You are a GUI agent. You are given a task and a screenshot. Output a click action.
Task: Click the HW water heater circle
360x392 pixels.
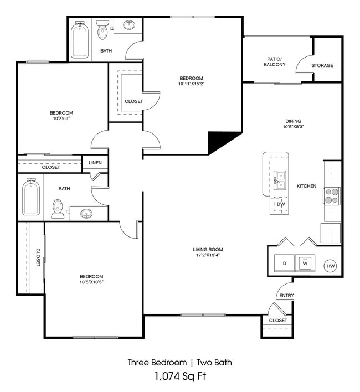point(331,266)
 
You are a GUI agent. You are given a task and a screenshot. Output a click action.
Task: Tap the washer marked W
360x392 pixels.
point(305,263)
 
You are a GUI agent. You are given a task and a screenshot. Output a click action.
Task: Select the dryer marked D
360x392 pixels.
point(285,263)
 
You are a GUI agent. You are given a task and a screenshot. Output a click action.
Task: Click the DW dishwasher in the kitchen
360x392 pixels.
point(281,204)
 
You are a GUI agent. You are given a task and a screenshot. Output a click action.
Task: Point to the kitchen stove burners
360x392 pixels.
point(332,196)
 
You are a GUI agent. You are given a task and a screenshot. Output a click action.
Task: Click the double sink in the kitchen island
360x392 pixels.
point(280,180)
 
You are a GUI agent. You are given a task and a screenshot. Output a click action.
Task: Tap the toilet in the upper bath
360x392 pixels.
point(102,30)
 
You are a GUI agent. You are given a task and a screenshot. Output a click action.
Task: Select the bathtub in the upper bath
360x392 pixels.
point(80,40)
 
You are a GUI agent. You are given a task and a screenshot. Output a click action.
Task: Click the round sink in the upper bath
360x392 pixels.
point(129,25)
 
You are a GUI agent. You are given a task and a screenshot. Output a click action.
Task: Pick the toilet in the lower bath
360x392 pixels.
point(58,209)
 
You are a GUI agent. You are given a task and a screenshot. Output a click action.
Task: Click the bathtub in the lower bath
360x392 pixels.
point(31,197)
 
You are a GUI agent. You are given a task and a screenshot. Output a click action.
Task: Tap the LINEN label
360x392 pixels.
point(95,163)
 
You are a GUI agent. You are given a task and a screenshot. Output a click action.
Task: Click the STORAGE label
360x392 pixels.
point(322,65)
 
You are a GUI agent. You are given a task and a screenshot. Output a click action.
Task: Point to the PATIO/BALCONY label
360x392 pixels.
point(274,62)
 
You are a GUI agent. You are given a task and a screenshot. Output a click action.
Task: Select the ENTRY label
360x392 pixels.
point(286,296)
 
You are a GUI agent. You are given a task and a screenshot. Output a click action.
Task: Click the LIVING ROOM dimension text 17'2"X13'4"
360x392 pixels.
point(208,255)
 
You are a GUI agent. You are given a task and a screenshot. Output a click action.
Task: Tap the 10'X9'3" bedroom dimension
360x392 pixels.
point(61,118)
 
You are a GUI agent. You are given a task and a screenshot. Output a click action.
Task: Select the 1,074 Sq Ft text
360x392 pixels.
point(180,376)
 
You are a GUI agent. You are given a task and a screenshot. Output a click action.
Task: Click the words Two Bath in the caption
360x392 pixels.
point(214,363)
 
